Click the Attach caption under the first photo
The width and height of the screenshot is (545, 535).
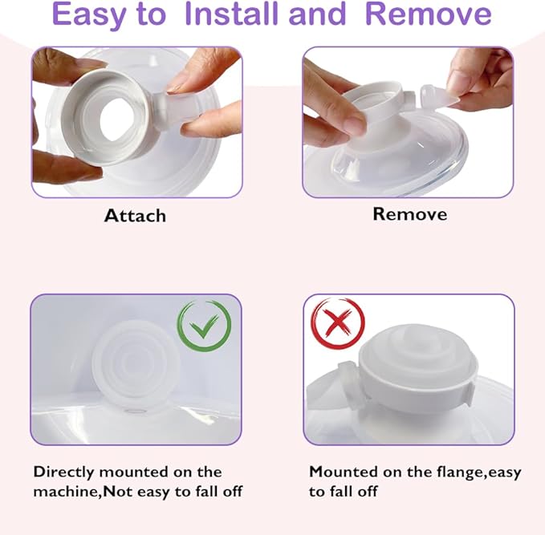pos(135,216)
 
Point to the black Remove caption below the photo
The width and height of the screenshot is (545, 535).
pos(409,214)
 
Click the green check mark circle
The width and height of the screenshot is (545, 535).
pos(204,326)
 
